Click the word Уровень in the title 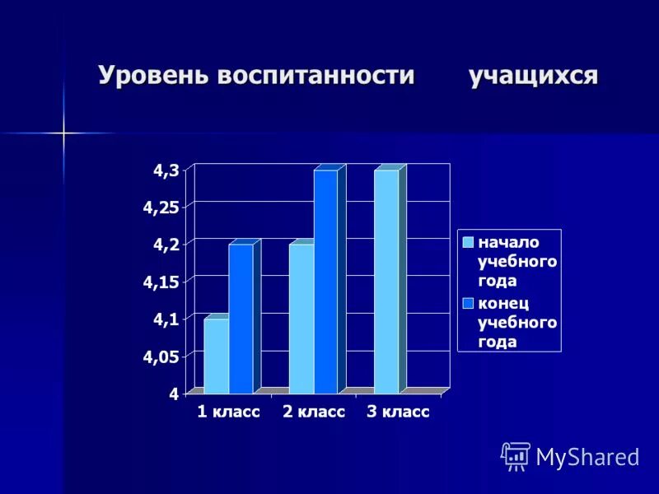154,75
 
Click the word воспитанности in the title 315,75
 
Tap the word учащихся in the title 533,75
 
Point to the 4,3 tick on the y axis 166,170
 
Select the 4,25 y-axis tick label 161,207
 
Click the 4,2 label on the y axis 166,245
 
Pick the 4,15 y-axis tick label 161,282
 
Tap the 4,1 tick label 166,319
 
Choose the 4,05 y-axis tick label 161,357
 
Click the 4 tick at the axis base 174,394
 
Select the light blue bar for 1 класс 216,356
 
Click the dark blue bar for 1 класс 241,319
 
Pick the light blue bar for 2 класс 301,319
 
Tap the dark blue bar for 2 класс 325,282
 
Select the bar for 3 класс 386,282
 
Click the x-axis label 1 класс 228,412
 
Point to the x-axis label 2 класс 314,412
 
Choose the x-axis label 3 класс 399,412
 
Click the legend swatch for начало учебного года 468,242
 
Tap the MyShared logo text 587,457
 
